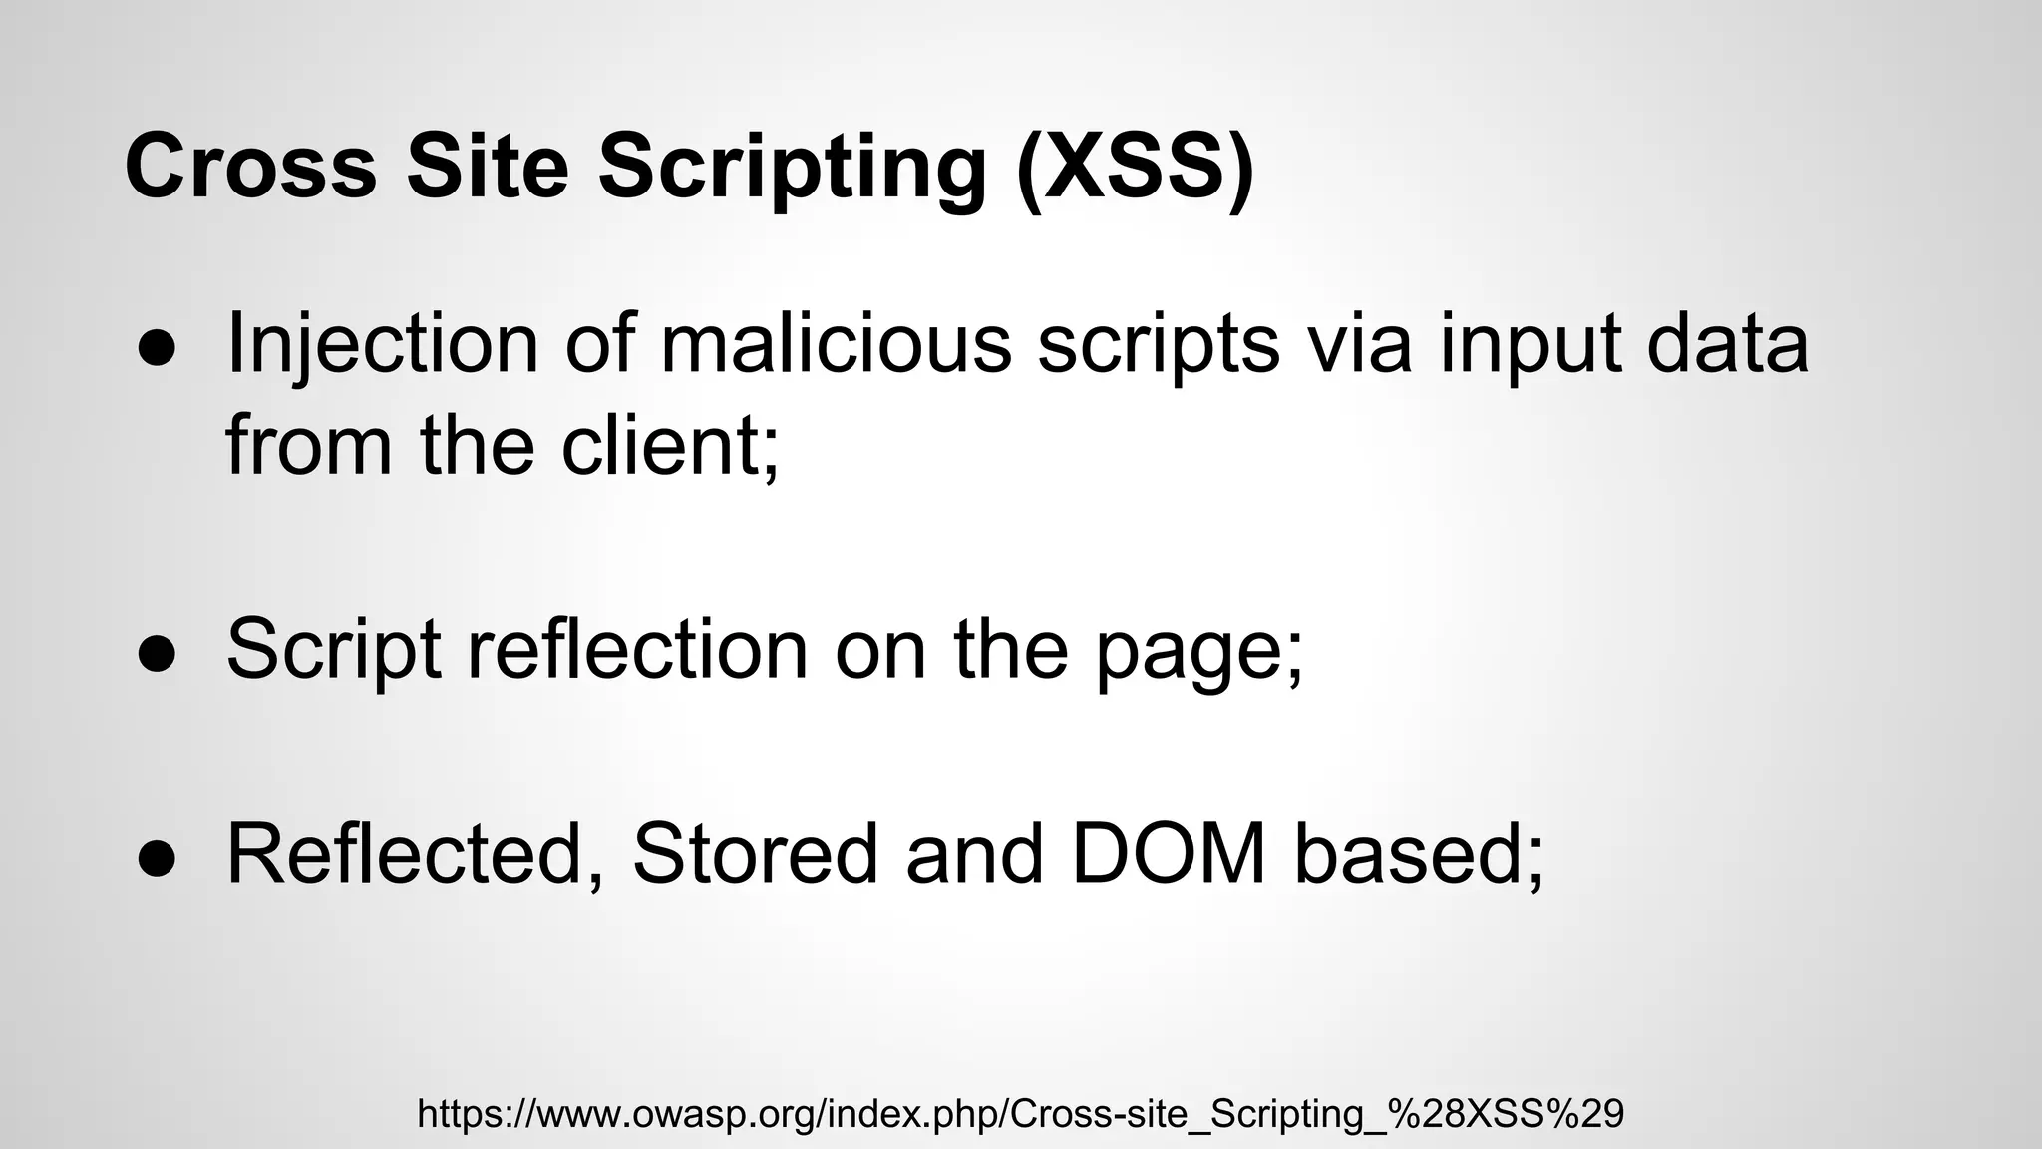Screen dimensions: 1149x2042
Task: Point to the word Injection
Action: point(383,344)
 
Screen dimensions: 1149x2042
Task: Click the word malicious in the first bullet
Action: point(836,344)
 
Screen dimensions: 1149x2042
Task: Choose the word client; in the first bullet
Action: point(669,445)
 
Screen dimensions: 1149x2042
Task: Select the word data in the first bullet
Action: point(1727,344)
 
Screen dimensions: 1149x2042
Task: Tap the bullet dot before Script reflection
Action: point(157,654)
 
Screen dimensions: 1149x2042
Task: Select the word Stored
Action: point(755,854)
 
